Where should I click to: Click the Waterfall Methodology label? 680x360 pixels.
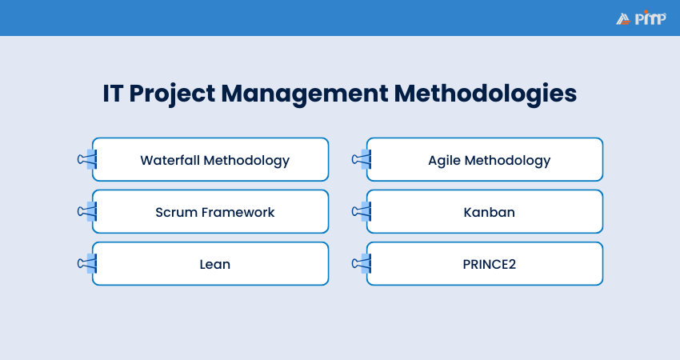click(214, 160)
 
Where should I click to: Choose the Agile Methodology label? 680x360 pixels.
click(489, 160)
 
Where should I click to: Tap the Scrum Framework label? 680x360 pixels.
click(214, 212)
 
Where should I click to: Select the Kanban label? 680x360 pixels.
click(489, 212)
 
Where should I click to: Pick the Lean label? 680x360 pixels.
click(214, 264)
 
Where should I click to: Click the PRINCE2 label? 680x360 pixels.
click(489, 264)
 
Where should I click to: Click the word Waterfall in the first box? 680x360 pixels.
click(170, 160)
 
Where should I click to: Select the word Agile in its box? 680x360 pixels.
click(445, 160)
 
